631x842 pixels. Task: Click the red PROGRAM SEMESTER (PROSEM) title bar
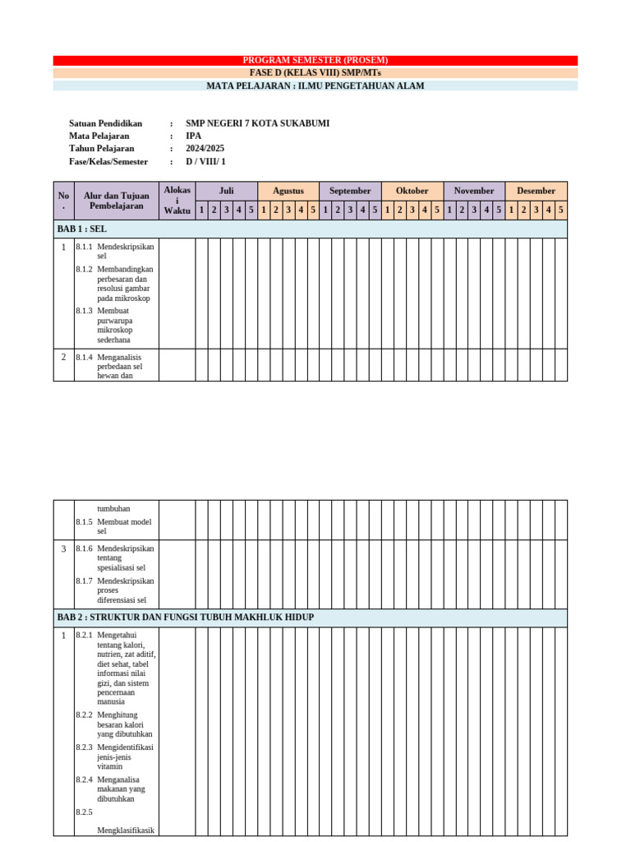[315, 60]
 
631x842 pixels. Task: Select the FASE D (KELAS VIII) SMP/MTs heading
[315, 72]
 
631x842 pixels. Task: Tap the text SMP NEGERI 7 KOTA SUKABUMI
[257, 123]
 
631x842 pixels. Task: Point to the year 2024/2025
[205, 149]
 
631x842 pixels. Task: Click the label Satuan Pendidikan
[105, 123]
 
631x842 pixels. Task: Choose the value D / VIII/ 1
[205, 162]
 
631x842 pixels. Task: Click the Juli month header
[226, 191]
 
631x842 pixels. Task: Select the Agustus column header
[288, 191]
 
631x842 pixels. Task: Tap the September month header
[350, 191]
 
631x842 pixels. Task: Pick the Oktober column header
[412, 191]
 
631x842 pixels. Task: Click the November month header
[474, 191]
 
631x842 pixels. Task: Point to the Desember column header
[536, 191]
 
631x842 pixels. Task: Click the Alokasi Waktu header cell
[177, 201]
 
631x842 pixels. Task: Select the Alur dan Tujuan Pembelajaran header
[116, 201]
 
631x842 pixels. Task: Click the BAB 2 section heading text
[185, 618]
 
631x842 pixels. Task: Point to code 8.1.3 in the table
[84, 311]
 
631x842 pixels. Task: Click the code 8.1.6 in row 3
[84, 548]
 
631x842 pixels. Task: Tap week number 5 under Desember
[560, 210]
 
